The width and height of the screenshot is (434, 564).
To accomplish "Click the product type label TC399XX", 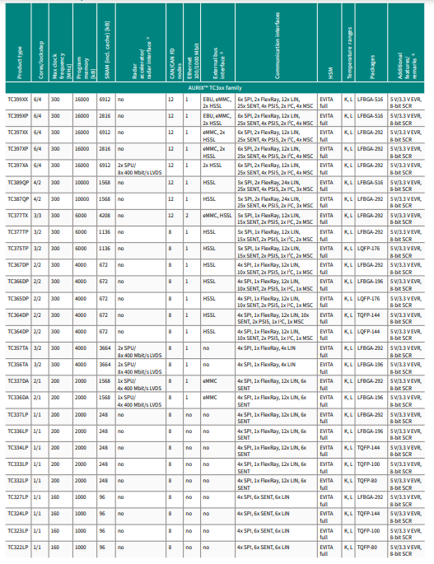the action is pyautogui.click(x=18, y=97).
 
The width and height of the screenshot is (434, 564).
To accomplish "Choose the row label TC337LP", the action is pyautogui.click(x=18, y=414).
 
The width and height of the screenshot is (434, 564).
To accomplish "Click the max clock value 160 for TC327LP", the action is pyautogui.click(x=56, y=497).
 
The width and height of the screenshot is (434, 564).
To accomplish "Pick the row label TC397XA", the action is pyautogui.click(x=18, y=165).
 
